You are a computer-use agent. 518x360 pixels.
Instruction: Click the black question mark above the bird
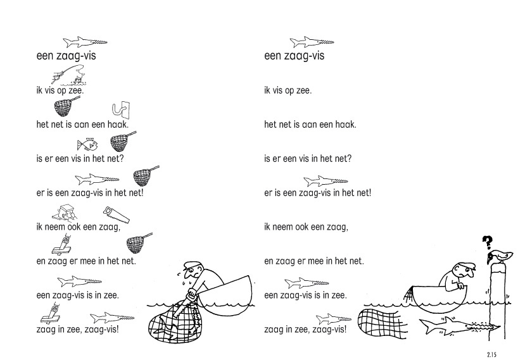[x=486, y=243]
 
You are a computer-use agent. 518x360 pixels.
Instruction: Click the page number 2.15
[x=491, y=355]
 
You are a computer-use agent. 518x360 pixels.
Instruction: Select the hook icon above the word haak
[x=121, y=110]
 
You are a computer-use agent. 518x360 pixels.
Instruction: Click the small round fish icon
[x=88, y=144]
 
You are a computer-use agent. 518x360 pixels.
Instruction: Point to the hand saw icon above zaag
[x=117, y=215]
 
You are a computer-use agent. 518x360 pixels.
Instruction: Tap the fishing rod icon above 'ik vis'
[x=68, y=74]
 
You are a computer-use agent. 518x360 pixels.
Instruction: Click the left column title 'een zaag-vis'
[x=66, y=56]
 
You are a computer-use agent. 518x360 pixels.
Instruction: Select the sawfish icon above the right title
[x=312, y=42]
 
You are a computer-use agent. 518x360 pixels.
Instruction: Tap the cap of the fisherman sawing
[x=191, y=264]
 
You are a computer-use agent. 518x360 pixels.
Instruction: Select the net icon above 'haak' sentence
[x=65, y=106]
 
